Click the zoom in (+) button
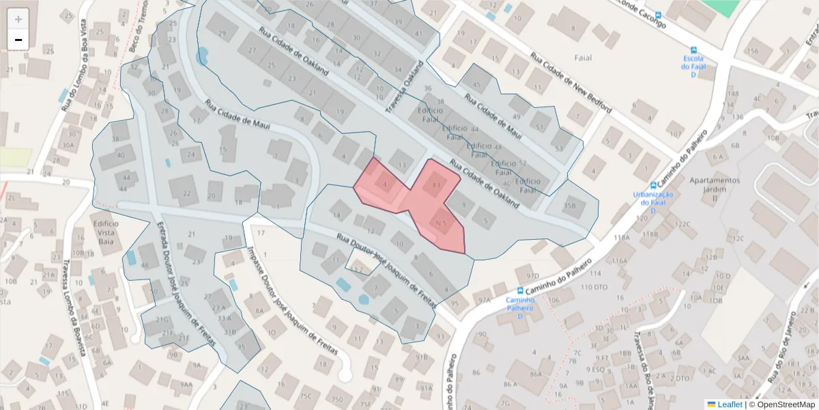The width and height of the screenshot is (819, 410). click(18, 19)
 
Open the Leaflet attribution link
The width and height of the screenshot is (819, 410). click(730, 405)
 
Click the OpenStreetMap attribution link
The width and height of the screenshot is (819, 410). click(784, 405)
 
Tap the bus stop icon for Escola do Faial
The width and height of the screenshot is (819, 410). click(693, 51)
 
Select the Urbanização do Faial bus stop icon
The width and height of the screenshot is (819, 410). click(653, 185)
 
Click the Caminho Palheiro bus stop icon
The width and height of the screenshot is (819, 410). click(520, 290)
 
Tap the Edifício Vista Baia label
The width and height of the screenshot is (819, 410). click(106, 232)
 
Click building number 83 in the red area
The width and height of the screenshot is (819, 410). click(435, 184)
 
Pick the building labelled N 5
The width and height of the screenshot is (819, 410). click(440, 223)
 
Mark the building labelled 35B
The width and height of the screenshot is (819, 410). click(570, 205)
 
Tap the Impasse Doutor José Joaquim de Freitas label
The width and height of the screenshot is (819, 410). click(293, 301)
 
